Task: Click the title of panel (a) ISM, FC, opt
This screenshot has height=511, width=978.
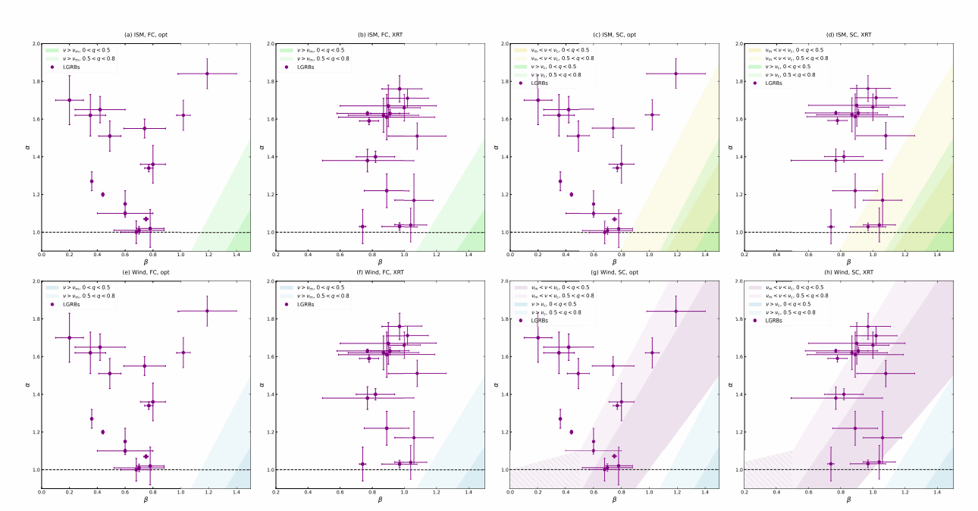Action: point(146,35)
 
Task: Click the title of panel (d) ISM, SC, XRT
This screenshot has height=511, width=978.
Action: point(848,35)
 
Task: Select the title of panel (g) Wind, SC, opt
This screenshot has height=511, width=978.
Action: point(614,273)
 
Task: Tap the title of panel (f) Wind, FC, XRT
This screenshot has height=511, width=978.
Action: point(380,273)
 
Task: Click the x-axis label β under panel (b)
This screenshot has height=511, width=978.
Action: point(380,262)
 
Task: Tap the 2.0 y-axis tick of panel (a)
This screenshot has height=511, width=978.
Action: point(36,43)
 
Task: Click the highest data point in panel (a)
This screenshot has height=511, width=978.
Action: point(207,74)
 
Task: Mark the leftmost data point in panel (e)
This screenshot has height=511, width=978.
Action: point(69,337)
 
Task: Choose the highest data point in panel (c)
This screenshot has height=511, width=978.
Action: point(676,74)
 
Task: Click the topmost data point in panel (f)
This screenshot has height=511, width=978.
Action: point(400,327)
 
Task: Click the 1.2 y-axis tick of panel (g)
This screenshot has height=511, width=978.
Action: point(503,432)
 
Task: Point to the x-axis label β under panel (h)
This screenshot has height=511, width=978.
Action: point(848,500)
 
